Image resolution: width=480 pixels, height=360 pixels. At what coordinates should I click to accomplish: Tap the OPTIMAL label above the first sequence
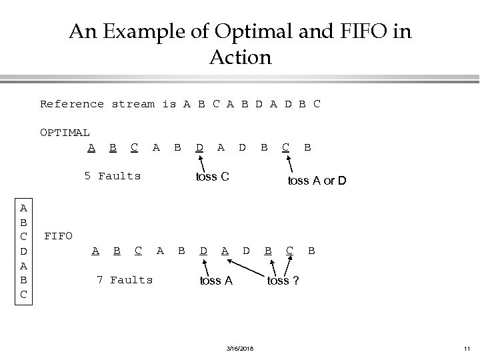(65, 133)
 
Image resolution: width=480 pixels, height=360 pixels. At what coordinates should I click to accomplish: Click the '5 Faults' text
(112, 176)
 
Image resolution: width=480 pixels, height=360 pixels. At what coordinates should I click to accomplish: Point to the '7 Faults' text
(125, 280)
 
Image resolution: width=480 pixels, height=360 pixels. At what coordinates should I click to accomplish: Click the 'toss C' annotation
(212, 177)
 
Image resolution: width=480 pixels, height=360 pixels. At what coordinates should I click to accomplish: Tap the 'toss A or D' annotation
(316, 180)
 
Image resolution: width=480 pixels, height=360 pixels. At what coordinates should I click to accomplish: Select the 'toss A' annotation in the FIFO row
(216, 281)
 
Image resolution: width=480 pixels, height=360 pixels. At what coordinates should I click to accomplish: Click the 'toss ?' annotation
(283, 281)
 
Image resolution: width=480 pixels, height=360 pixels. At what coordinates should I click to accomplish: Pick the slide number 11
(465, 347)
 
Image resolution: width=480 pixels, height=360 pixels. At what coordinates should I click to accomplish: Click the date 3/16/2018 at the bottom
(239, 347)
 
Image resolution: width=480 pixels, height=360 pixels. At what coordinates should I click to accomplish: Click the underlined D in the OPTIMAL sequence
(199, 146)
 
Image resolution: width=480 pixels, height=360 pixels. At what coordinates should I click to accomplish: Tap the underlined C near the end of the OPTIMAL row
(285, 146)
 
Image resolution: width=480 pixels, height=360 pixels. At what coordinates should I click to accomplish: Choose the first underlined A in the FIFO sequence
(95, 251)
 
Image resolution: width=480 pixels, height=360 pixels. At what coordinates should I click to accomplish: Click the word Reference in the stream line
(72, 104)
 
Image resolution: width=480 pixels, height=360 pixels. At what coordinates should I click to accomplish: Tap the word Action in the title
(240, 57)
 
